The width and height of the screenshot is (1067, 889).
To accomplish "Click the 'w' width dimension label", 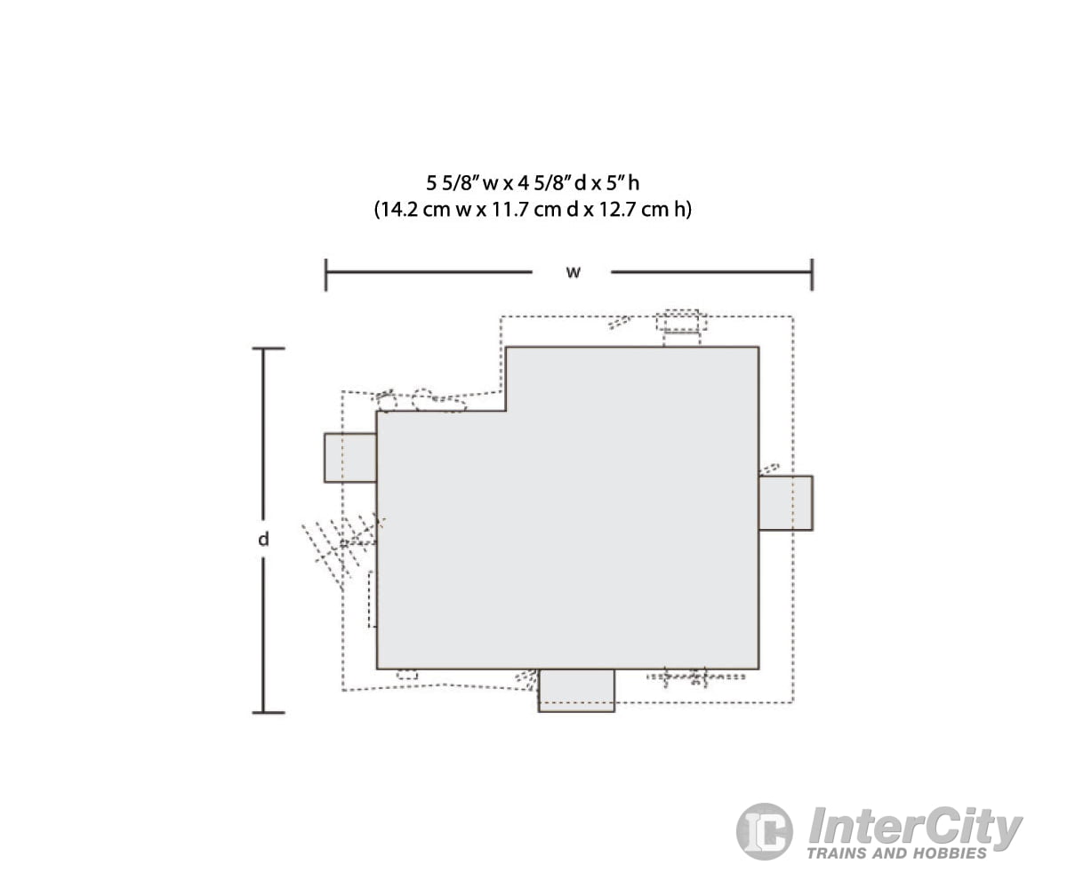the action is pos(573,272).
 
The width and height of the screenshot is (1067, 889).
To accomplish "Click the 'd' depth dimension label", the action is pos(263,539).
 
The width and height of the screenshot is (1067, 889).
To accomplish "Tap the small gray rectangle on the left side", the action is pos(350,458).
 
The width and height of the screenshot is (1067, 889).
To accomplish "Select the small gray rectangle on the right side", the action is pos(786,503).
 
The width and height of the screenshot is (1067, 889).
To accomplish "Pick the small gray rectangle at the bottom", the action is pos(576,690).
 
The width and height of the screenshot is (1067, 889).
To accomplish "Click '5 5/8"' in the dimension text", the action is pos(451,183).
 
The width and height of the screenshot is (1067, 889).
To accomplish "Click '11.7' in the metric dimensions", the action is pos(510,210).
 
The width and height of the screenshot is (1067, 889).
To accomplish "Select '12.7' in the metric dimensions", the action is pos(617,210).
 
